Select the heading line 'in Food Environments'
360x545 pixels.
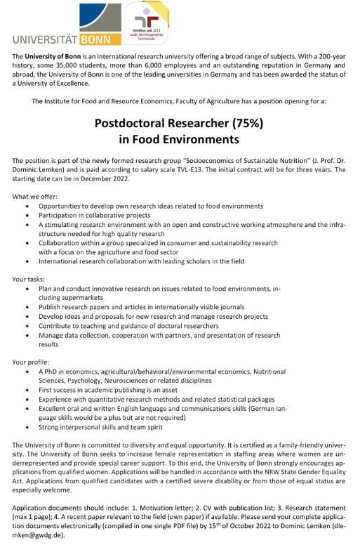click(179, 140)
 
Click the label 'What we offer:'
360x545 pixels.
click(35, 196)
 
